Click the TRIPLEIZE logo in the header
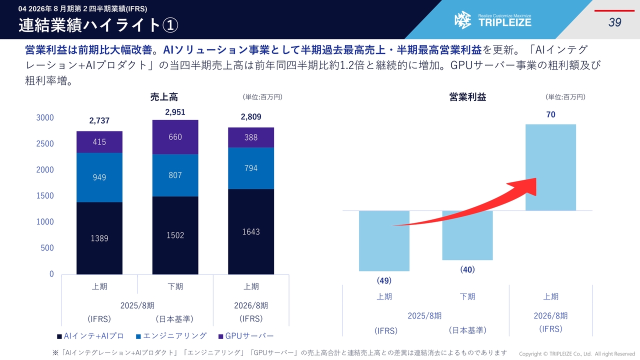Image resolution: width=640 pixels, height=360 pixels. [493, 20]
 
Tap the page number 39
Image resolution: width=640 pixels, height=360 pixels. [614, 22]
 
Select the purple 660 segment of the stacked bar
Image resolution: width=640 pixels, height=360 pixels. [175, 137]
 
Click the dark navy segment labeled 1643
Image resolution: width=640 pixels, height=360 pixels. [251, 231]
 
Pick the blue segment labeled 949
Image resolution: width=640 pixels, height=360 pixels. [99, 177]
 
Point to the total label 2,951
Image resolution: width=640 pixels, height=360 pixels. [175, 112]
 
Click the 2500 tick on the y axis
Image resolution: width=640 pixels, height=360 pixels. [45, 144]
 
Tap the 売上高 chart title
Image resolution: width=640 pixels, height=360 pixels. [164, 97]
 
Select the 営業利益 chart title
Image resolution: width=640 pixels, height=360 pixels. [467, 97]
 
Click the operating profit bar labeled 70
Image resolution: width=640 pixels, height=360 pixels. [550, 167]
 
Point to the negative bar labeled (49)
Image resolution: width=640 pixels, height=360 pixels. [384, 240]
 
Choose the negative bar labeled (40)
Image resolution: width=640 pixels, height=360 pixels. [467, 235]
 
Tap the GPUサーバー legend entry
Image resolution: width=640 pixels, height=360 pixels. [246, 336]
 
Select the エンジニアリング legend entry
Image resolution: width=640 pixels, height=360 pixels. [171, 336]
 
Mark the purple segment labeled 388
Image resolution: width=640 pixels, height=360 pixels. [251, 137]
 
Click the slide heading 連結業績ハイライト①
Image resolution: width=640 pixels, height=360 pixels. [98, 25]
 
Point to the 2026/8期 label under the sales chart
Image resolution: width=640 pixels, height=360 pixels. [251, 305]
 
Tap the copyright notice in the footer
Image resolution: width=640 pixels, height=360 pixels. [576, 354]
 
